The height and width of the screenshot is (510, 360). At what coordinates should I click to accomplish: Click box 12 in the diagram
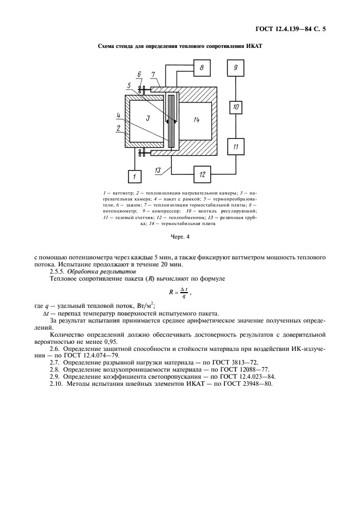202,174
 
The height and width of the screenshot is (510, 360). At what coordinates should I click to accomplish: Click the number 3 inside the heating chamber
148,118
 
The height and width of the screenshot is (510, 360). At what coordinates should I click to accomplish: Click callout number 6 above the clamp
139,74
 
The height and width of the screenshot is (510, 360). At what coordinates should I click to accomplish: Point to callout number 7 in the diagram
154,74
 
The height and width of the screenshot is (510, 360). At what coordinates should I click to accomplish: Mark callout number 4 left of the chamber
118,115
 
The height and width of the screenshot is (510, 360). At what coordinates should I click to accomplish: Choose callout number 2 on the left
118,129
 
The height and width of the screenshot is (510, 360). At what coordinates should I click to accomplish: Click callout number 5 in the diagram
129,86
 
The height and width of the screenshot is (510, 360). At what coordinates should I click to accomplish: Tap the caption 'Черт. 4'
180,237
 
